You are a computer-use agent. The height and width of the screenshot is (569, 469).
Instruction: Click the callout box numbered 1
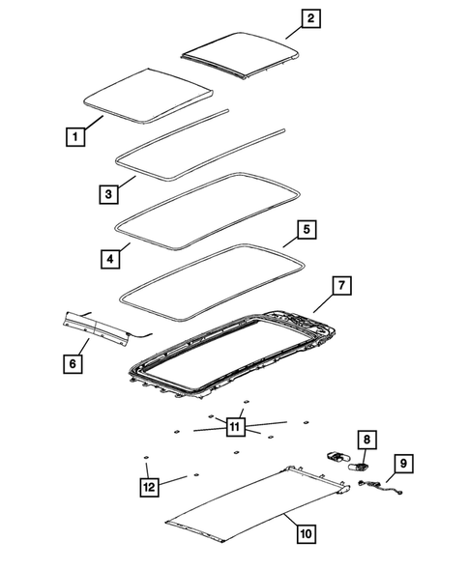[73, 137]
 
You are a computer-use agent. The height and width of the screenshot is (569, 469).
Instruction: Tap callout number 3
[110, 194]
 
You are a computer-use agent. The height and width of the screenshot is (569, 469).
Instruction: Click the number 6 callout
[72, 363]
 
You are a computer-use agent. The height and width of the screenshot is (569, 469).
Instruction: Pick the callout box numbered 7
[343, 286]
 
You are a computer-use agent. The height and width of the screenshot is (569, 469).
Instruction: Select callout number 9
[404, 464]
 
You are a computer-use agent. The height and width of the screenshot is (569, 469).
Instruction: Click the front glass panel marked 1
[148, 97]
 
